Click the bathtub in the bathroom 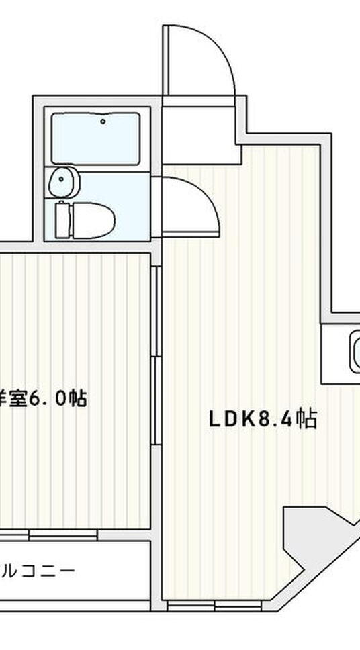(x=95, y=138)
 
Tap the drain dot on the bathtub (x=103, y=122)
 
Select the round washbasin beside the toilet (x=64, y=181)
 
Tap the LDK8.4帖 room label (x=262, y=420)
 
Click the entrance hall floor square (x=200, y=128)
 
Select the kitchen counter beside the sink (x=333, y=353)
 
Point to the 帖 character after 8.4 (x=306, y=420)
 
